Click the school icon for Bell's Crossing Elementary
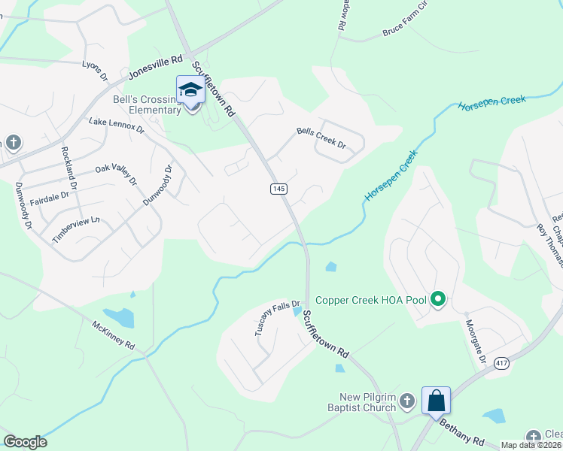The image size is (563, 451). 190,90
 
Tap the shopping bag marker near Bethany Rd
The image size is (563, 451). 437,401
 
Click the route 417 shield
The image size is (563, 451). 501,363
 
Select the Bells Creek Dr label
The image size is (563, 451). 321,138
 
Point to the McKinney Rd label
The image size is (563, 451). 113,336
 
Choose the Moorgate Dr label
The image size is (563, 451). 475,339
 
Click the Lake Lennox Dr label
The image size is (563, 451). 116,125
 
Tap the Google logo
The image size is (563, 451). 25,442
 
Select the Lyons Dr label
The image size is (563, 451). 96,71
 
